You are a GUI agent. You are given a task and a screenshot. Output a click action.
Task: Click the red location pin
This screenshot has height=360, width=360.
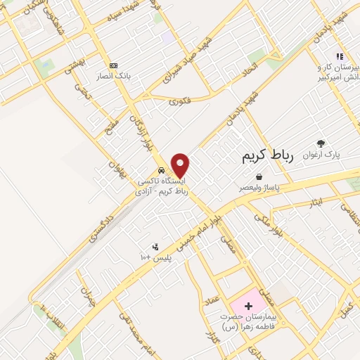[181, 165]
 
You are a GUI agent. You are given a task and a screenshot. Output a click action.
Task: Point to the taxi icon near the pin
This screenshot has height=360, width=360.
[161, 170]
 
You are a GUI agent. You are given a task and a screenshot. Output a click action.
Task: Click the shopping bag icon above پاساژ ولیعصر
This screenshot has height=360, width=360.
[259, 177]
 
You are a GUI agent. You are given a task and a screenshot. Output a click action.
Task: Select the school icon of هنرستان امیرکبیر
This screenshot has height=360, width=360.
[339, 56]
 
